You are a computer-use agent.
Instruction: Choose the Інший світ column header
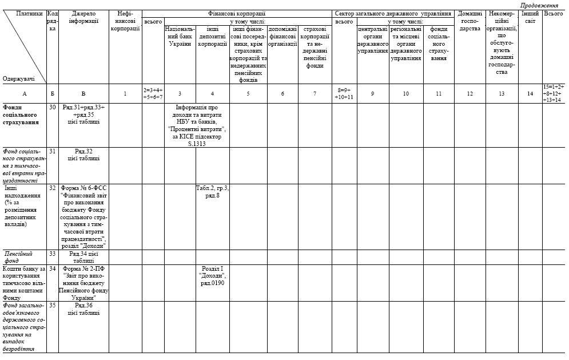pyautogui.click(x=530, y=17)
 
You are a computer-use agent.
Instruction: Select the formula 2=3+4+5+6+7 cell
pyautogui.click(x=153, y=93)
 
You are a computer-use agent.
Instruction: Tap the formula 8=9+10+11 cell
pyautogui.click(x=344, y=93)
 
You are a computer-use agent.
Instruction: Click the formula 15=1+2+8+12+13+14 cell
pyautogui.click(x=554, y=93)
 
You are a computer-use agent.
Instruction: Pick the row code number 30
pyautogui.click(x=52, y=108)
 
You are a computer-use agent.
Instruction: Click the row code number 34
pyautogui.click(x=52, y=268)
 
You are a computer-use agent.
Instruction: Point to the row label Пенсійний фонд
pyautogui.click(x=18, y=257)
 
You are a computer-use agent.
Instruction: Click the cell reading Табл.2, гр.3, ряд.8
pyautogui.click(x=212, y=191)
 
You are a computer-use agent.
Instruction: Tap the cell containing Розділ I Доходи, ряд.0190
pyautogui.click(x=212, y=276)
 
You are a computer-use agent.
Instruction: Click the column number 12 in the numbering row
pyautogui.click(x=469, y=93)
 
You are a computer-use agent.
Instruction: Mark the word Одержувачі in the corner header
pyautogui.click(x=18, y=79)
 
